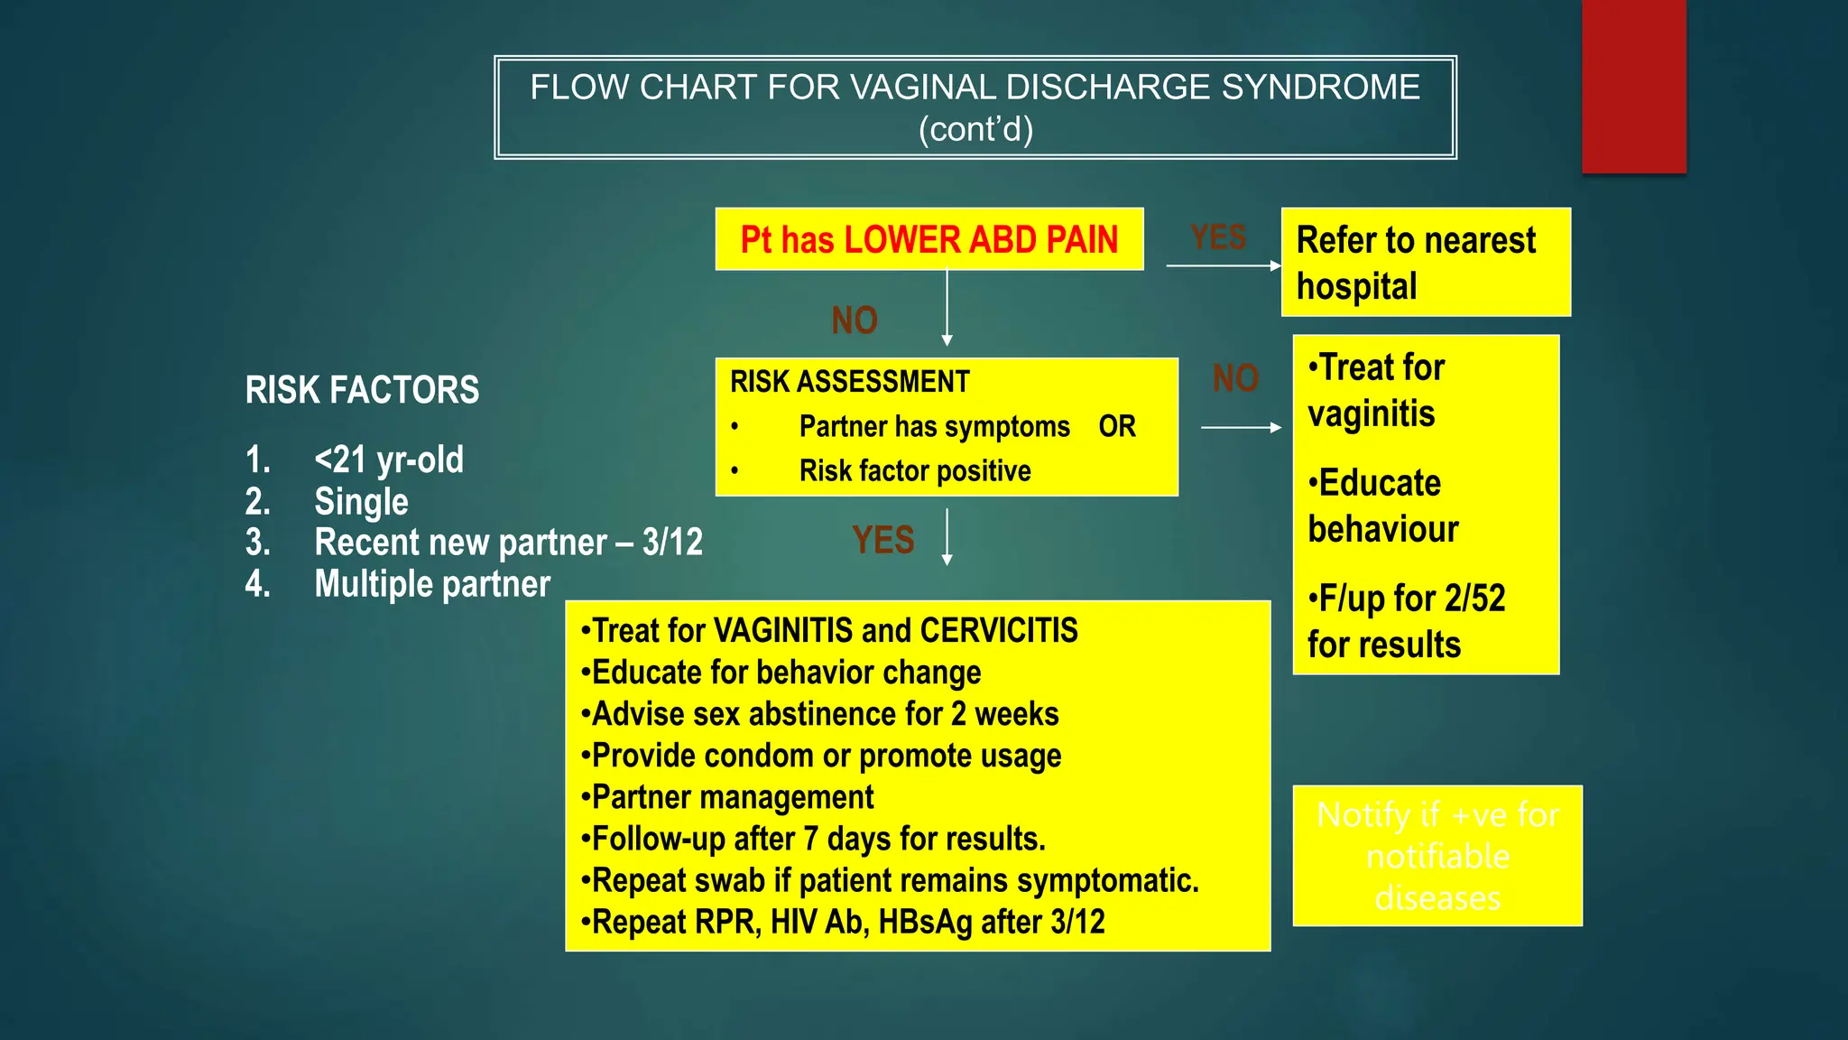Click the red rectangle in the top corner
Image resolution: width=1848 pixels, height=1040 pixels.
click(1633, 86)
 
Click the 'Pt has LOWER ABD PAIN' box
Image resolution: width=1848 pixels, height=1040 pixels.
click(929, 240)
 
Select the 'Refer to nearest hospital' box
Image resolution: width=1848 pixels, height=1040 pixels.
click(1425, 263)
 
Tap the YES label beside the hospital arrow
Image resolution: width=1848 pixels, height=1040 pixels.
click(1218, 237)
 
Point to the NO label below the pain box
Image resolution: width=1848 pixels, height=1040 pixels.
click(854, 320)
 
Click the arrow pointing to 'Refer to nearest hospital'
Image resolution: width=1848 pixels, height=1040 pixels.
click(1223, 265)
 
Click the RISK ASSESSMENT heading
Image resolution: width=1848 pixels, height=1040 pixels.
click(849, 382)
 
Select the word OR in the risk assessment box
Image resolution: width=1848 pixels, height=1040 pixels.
click(1117, 426)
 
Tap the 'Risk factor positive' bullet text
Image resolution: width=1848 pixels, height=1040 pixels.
click(914, 471)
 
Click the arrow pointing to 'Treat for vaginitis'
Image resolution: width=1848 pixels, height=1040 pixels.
click(1241, 427)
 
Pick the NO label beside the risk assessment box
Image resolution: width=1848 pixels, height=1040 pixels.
click(1235, 378)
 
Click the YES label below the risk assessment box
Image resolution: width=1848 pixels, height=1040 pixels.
click(882, 540)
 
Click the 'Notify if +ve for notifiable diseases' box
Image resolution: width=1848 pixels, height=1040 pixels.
click(1437, 856)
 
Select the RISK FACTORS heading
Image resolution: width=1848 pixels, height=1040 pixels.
click(362, 390)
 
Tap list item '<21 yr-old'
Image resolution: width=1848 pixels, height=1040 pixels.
click(388, 460)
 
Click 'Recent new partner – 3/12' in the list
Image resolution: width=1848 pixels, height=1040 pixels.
click(507, 543)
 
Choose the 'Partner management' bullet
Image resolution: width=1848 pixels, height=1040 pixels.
click(732, 797)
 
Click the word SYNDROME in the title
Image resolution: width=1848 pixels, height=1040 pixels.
click(1320, 88)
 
